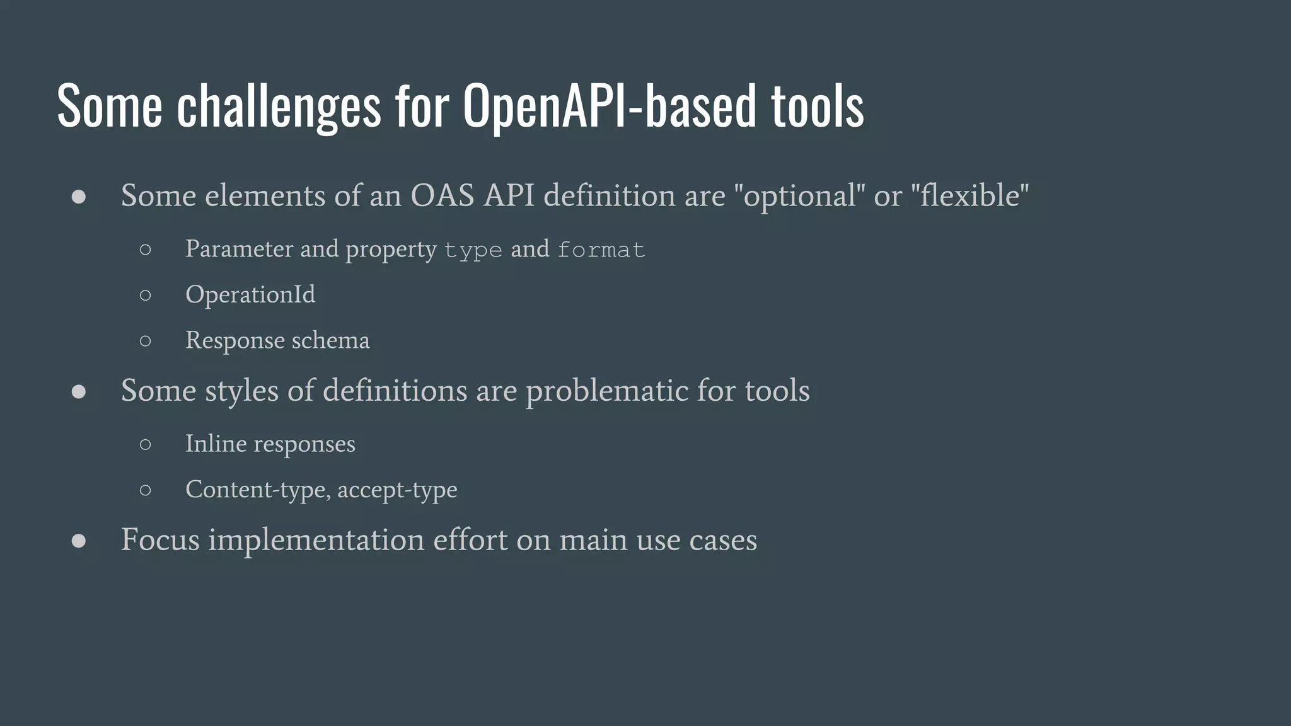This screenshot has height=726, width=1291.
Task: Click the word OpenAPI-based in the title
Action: tap(609, 106)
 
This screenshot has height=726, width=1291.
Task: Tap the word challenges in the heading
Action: tap(279, 106)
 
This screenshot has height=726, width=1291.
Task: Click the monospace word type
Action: tap(473, 250)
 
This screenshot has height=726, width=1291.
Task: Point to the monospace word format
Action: tap(601, 250)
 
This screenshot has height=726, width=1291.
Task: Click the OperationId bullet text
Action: tap(250, 294)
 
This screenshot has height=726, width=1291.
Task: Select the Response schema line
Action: tap(277, 340)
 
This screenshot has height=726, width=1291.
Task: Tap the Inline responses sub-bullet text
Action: tap(270, 444)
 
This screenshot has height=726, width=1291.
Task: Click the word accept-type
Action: tap(397, 490)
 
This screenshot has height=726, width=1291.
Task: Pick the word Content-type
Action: tap(255, 490)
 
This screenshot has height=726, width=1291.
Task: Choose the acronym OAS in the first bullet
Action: tap(442, 196)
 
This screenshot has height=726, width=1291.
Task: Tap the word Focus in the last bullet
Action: tap(160, 540)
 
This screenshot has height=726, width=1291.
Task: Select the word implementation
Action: tap(316, 540)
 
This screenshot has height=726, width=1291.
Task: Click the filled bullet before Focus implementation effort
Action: tap(79, 541)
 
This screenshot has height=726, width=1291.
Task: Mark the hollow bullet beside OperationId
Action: tap(146, 295)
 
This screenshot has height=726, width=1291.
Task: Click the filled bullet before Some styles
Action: tap(79, 391)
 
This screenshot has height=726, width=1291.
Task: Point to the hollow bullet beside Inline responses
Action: tap(146, 444)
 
